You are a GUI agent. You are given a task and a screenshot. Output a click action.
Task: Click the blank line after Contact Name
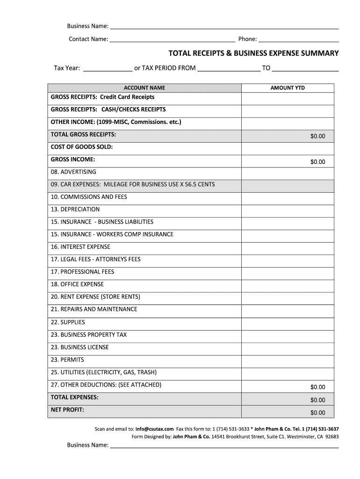tap(172, 39)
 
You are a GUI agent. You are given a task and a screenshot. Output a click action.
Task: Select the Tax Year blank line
tap(108, 69)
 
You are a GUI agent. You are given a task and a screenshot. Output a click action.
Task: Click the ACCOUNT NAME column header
tap(144, 88)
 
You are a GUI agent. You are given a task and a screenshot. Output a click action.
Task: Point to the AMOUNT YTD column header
tap(288, 88)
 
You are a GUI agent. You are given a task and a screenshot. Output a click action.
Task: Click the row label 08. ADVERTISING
tap(73, 172)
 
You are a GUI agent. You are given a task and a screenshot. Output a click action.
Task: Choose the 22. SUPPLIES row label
tap(68, 322)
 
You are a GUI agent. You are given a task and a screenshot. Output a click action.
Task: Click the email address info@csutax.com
tap(155, 428)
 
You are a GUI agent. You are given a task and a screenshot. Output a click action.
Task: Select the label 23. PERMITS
tap(67, 360)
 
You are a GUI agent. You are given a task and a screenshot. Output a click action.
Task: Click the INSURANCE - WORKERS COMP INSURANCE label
tap(112, 234)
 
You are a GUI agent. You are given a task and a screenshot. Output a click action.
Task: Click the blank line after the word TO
tap(305, 69)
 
